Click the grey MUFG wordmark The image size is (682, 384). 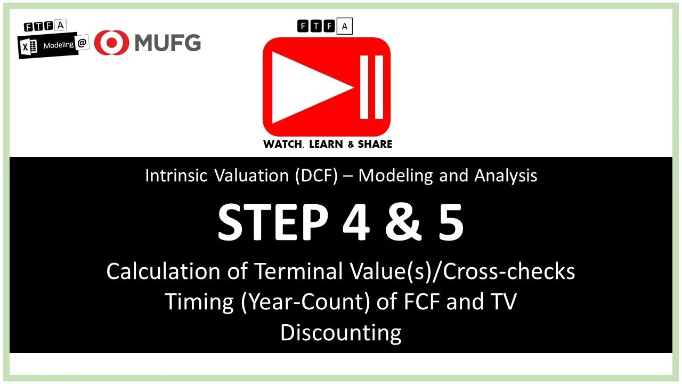tap(167, 42)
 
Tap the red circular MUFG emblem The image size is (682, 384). tap(111, 43)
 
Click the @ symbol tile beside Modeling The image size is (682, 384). tap(82, 45)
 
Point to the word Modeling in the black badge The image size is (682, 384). tap(58, 45)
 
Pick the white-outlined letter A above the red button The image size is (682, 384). tap(345, 26)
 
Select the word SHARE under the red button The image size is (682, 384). tap(375, 144)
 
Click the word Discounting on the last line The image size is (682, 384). tap(341, 332)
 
